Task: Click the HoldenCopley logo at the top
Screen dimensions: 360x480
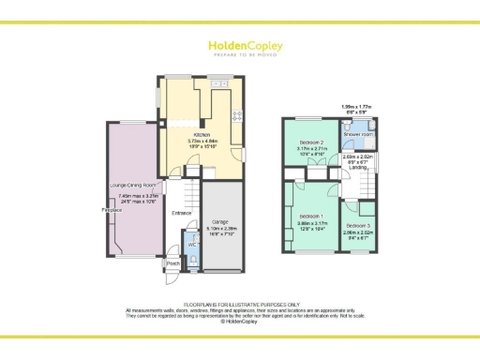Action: pos(240,47)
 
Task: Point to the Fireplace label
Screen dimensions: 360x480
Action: pos(112,211)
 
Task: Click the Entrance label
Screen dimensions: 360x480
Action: pos(182,214)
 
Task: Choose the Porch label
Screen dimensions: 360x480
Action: pos(172,263)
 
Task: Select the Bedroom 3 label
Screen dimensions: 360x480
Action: pos(358,226)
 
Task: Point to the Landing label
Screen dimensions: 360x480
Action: pos(357,169)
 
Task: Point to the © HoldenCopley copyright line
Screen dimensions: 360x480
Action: pos(240,322)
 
